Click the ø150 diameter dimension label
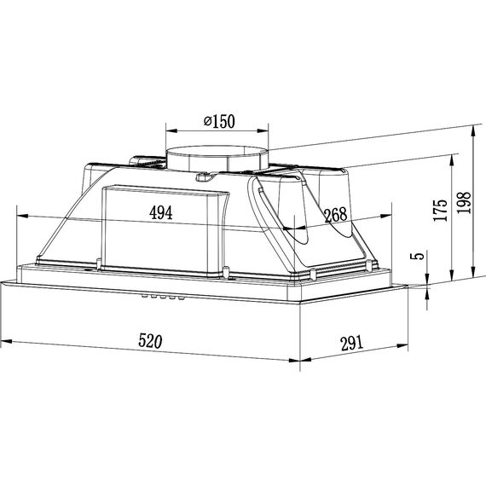pos(219,121)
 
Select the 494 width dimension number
pos(160,212)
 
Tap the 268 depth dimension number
pos(336,215)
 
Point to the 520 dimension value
pos(150,341)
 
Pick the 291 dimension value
pos(351,343)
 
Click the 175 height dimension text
pos(441,210)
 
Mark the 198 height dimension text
pos(464,202)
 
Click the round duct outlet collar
pos(217,158)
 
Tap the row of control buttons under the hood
pos(162,298)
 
